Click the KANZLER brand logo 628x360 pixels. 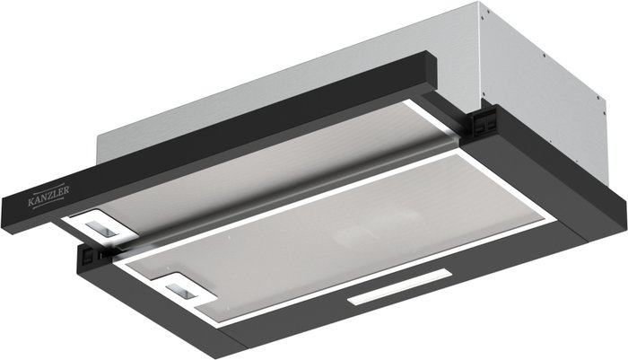48,195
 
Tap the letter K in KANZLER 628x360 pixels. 31,203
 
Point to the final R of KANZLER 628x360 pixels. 66,189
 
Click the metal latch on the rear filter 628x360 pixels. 102,228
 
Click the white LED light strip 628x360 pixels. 399,287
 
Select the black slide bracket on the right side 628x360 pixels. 484,123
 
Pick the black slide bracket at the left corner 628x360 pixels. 91,255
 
